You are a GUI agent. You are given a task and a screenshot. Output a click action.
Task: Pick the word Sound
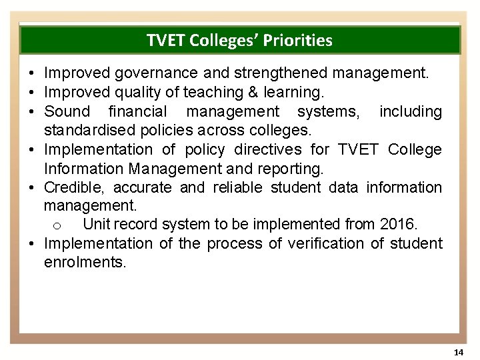66,111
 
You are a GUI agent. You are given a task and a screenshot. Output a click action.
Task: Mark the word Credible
74,187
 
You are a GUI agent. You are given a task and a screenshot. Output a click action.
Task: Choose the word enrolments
84,263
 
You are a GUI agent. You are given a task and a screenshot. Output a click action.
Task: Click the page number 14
457,351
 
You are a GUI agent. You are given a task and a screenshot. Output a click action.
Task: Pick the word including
411,111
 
